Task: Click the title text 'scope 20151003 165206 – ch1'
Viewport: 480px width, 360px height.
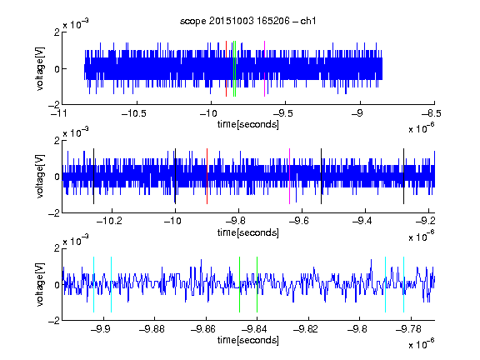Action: point(247,21)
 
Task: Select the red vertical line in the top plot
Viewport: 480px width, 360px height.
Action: point(226,68)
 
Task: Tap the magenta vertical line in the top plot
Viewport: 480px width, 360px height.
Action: point(264,68)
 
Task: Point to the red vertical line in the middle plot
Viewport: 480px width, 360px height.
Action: point(207,176)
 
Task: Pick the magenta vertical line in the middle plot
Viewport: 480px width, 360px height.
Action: point(290,176)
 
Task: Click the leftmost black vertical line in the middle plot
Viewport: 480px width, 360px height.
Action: point(93,176)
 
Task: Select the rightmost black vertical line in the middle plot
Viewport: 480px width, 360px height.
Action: point(404,176)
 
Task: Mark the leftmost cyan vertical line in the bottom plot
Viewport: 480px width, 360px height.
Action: point(93,284)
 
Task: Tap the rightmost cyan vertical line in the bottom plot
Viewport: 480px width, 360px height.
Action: point(404,284)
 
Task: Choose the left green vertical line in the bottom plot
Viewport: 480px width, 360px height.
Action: point(239,284)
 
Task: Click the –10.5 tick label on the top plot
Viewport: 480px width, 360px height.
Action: point(134,113)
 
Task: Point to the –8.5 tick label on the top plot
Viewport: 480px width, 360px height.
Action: point(432,113)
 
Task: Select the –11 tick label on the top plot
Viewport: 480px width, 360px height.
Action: point(59,113)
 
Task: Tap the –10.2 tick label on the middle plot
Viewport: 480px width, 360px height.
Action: point(109,221)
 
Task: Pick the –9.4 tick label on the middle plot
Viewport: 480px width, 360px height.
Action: point(362,221)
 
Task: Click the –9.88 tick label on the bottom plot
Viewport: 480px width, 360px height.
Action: point(152,329)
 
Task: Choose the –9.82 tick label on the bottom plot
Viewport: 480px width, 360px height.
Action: point(306,329)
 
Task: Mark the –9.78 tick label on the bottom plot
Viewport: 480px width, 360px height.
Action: point(408,329)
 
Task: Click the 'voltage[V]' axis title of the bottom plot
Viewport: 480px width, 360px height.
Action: point(40,284)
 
